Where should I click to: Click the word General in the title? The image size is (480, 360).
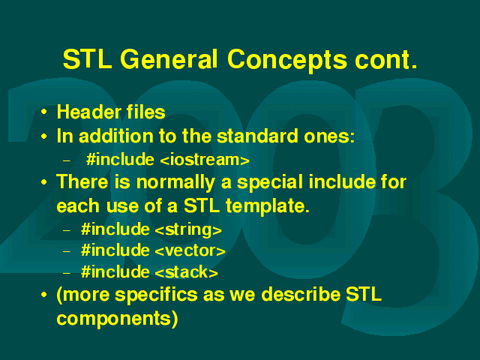point(169,59)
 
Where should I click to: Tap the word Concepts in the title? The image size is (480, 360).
point(287,61)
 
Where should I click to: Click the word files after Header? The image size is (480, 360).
point(146,112)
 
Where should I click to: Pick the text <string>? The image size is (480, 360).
point(188,229)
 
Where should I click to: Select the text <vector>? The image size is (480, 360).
point(190,250)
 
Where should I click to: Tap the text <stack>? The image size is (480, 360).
point(187,271)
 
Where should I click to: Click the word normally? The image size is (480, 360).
point(175,183)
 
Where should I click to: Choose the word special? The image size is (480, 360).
point(270,183)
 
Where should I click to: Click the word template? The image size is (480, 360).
point(268,206)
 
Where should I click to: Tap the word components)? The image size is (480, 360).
point(117,319)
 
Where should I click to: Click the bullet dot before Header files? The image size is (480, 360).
point(44,112)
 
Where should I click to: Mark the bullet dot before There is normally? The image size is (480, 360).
point(44,182)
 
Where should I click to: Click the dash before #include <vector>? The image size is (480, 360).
point(67,251)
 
